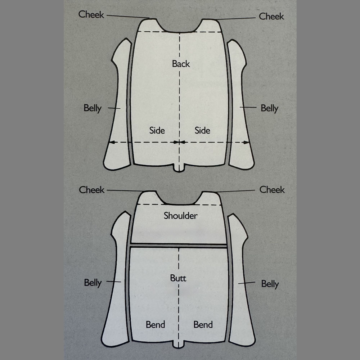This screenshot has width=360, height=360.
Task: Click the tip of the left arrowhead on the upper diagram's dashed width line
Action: pos(109,142)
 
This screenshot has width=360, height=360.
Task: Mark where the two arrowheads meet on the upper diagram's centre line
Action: pos(180,142)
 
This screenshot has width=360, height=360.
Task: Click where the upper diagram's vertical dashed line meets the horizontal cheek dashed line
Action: pos(180,32)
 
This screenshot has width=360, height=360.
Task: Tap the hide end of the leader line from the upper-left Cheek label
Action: pos(149,18)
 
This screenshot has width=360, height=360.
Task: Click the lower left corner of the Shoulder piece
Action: pos(131,243)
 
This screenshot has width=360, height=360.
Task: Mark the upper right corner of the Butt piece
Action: pos(227,248)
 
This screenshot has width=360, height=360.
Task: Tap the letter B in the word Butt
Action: pos(173,278)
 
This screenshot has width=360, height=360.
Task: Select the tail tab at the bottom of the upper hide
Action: pos(179,168)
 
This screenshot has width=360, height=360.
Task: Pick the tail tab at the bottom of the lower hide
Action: pos(179,345)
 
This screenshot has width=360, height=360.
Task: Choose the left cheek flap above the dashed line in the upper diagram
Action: pos(151,25)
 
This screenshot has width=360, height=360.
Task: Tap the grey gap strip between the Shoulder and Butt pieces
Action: pos(179,246)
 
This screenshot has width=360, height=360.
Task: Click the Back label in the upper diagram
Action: pos(181,64)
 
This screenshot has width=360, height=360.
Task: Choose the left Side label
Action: pos(157,130)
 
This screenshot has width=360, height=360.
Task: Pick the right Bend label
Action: pos(203,325)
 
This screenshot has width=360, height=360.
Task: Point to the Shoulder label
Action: pos(180,216)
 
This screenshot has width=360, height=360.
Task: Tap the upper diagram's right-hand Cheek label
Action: pos(271,16)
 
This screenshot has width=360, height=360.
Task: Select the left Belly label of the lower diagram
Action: pos(93,283)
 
